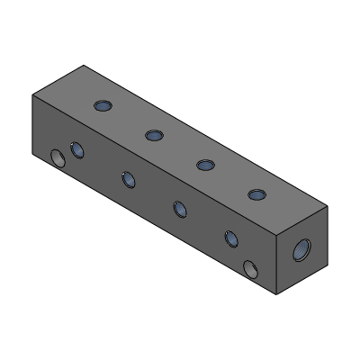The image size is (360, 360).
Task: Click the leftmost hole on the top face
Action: pyautogui.click(x=103, y=107)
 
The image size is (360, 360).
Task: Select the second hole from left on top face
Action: pyautogui.click(x=154, y=136)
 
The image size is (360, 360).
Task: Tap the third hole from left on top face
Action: pyautogui.click(x=205, y=165)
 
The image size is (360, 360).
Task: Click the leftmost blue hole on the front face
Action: pyautogui.click(x=76, y=149)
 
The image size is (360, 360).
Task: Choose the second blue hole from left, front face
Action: pyautogui.click(x=129, y=179)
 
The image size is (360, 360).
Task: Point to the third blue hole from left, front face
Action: pyautogui.click(x=179, y=209)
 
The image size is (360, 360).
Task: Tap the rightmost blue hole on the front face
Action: pyautogui.click(x=230, y=238)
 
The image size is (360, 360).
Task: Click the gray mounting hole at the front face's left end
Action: pyautogui.click(x=59, y=159)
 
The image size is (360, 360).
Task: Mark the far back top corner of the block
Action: pyautogui.click(x=85, y=65)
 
